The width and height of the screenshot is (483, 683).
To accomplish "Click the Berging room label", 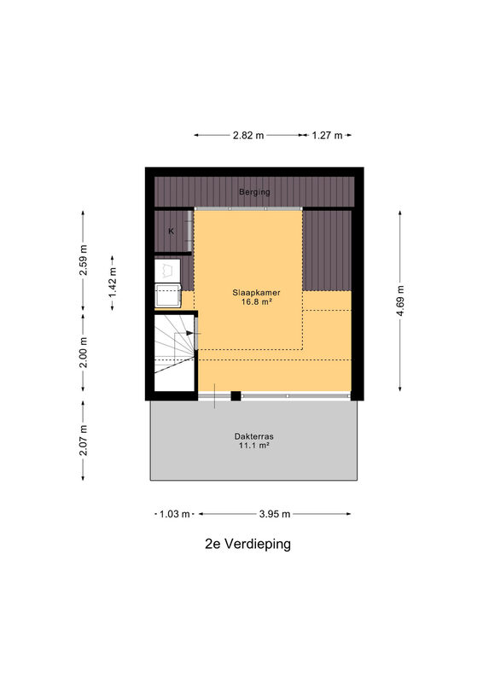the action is click(254, 191).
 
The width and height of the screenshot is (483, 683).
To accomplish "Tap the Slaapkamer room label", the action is click(256, 293).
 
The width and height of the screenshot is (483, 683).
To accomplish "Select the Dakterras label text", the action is click(254, 436).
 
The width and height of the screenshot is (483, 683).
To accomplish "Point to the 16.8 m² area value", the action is click(257, 301).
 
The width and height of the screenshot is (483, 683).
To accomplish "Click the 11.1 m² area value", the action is click(254, 445).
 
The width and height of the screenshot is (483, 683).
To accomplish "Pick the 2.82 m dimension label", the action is click(248, 135).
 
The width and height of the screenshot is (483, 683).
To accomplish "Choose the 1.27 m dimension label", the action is click(327, 135).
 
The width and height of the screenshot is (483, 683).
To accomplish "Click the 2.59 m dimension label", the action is click(83, 260).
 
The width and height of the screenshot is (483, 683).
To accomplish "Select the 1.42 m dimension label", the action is click(113, 282).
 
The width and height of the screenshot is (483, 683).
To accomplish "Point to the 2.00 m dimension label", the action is click(83, 353).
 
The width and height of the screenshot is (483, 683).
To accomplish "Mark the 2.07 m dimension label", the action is click(83, 440).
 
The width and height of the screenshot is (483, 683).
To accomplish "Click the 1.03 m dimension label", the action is click(174, 514).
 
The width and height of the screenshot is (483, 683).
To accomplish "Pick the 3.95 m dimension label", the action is click(275, 514).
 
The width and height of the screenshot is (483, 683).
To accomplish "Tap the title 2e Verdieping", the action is click(247, 544).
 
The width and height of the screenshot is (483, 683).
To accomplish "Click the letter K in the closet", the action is click(172, 231).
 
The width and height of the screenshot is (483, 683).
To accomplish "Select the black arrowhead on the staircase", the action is click(190, 333).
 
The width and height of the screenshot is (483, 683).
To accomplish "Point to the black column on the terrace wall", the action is click(236, 396).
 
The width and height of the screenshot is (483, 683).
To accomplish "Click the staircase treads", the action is click(174, 353).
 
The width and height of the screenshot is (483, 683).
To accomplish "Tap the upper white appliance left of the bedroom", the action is click(167, 270).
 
